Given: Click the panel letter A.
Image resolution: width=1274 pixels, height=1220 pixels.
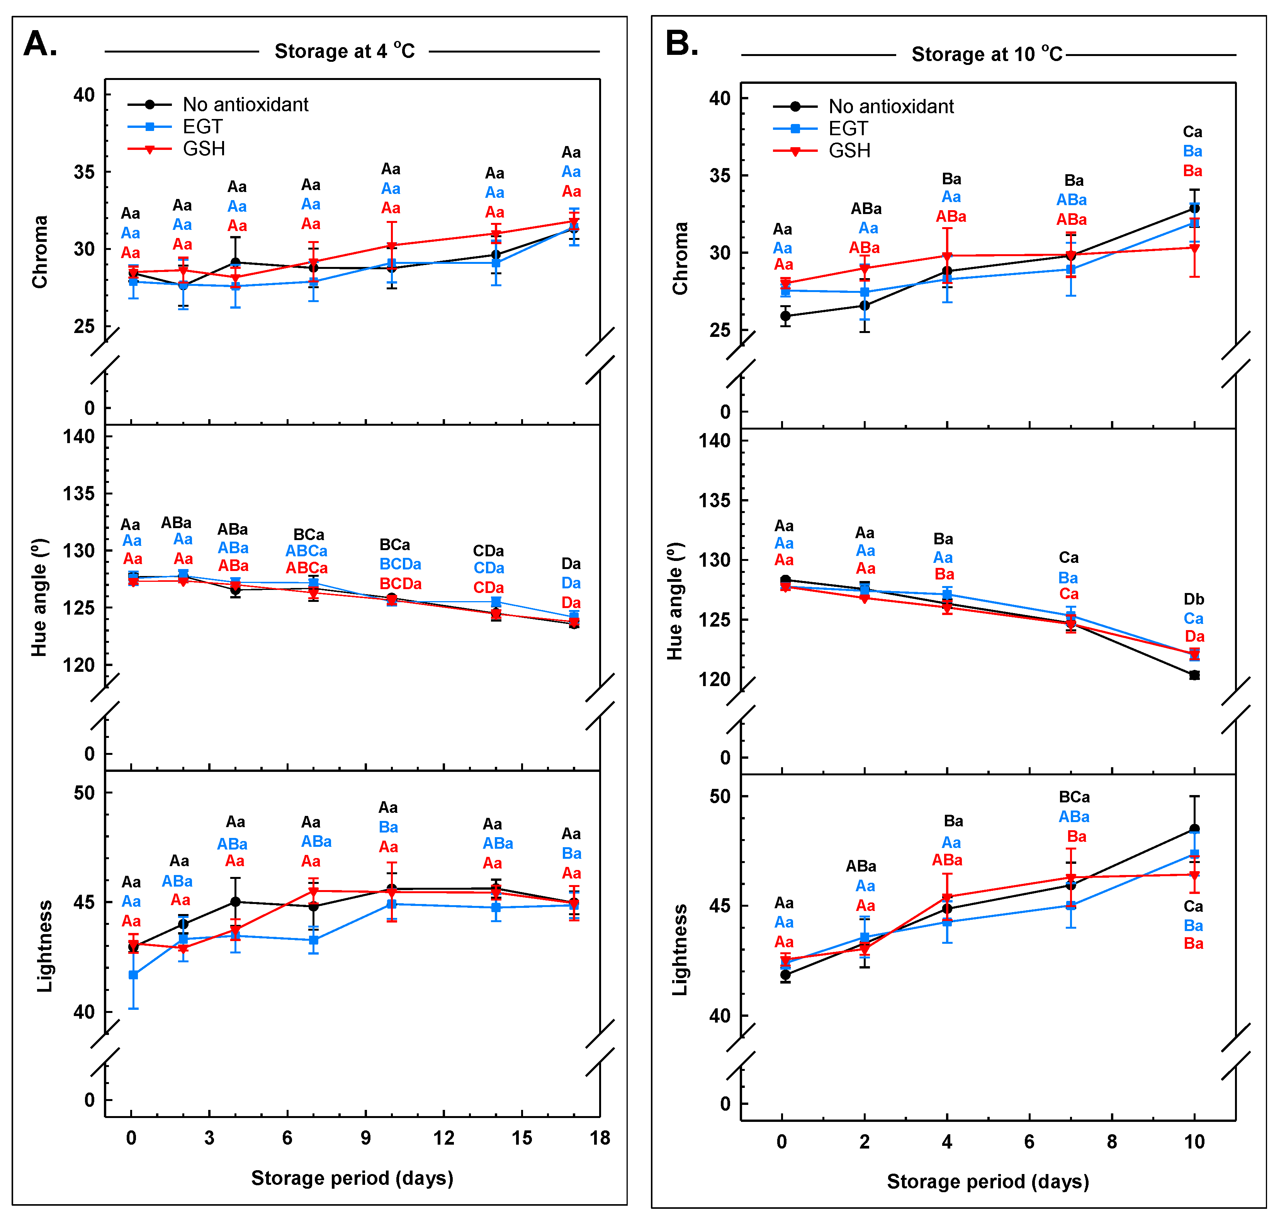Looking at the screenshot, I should (40, 44).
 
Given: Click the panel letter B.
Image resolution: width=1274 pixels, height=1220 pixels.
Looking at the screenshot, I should (682, 44).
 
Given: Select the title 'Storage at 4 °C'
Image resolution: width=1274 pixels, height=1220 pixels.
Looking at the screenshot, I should (345, 51).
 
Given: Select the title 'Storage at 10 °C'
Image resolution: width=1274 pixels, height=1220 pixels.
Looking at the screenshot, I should (987, 54).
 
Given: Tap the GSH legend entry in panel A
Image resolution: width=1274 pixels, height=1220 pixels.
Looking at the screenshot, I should (204, 149).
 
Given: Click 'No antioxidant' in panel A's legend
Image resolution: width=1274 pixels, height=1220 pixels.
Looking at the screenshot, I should (245, 105).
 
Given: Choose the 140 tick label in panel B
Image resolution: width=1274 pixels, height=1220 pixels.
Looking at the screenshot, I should (714, 441).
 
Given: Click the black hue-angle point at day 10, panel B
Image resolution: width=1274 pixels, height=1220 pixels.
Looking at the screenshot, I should (1194, 675).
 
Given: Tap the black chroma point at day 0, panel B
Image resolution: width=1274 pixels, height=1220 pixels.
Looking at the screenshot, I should (785, 316).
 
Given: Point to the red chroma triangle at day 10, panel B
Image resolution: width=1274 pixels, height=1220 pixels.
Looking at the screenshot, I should (1194, 248).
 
